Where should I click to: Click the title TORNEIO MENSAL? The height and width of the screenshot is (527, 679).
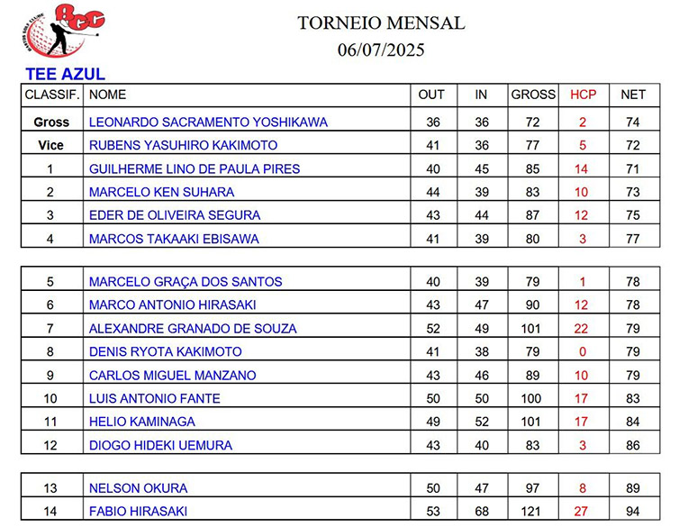(381, 23)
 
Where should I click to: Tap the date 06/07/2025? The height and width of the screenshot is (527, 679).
(381, 50)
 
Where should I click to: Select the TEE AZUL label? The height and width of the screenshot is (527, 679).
(66, 75)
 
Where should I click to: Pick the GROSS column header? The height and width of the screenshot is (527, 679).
(533, 95)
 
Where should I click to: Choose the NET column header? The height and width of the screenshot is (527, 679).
(633, 95)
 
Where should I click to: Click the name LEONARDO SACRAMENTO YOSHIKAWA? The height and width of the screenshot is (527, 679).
(208, 123)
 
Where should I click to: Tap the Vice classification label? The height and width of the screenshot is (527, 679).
(50, 145)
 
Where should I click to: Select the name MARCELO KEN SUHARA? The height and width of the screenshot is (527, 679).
(161, 192)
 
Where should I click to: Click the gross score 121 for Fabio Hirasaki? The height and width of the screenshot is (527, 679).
(533, 512)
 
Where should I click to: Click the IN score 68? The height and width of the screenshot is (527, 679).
(482, 512)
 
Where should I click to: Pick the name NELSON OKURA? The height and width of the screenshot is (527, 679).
(138, 488)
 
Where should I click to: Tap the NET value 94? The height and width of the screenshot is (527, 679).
(633, 512)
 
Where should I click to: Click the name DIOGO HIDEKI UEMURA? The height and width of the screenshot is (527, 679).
(160, 445)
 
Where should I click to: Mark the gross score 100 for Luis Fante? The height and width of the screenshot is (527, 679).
(533, 398)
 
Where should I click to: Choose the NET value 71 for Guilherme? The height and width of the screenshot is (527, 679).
(633, 168)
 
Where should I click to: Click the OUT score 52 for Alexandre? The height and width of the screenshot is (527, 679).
(432, 329)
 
